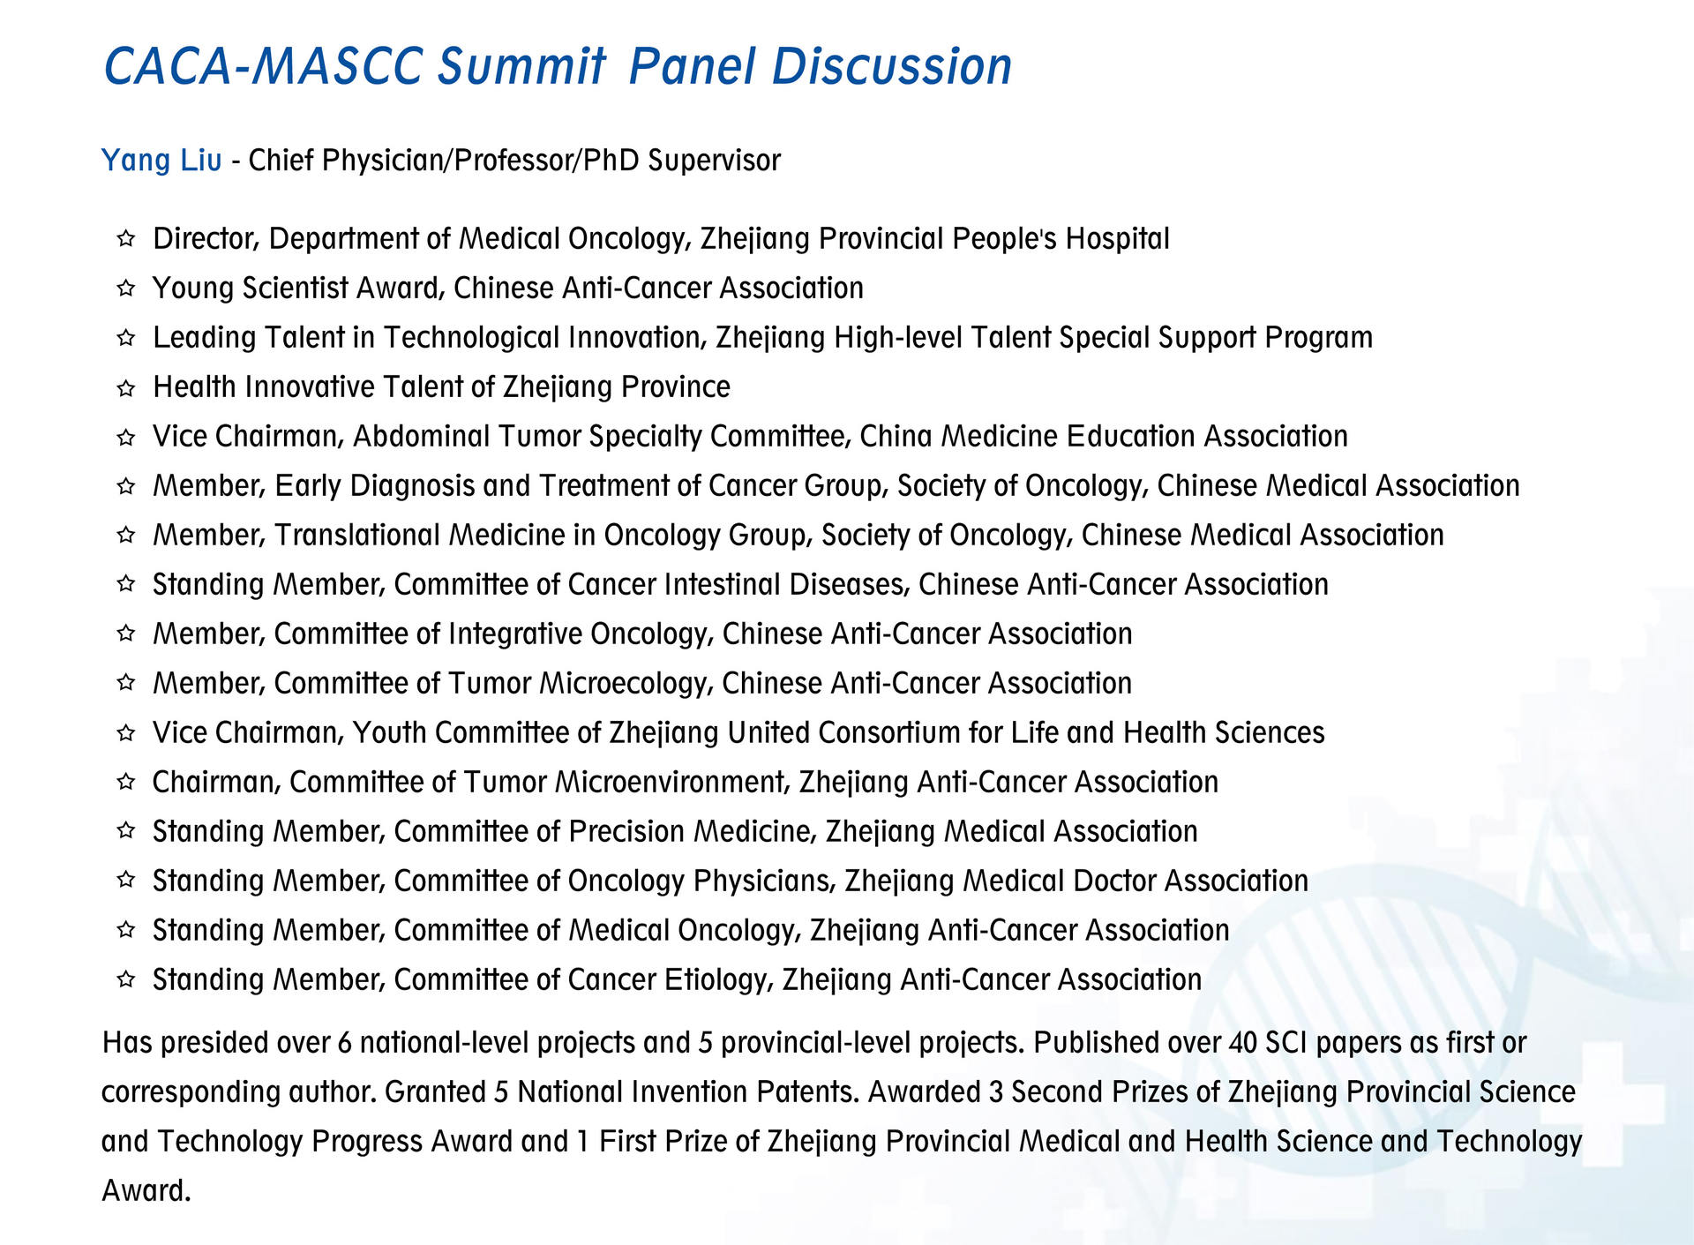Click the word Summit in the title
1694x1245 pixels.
coord(522,66)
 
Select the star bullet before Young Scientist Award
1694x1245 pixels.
coord(126,288)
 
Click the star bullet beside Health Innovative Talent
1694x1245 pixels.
coord(126,386)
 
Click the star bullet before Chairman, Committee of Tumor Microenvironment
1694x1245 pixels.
coord(126,782)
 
